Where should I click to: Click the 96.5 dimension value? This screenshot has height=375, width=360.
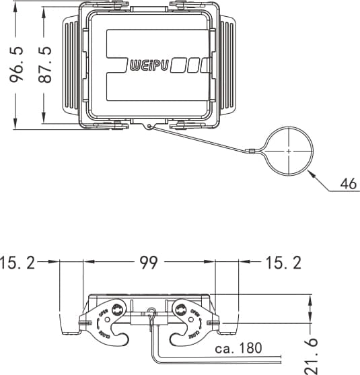(17, 64)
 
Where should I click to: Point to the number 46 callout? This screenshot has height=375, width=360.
(348, 183)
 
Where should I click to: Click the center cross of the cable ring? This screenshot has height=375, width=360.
(289, 151)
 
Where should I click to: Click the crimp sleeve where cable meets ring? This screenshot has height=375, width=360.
(250, 152)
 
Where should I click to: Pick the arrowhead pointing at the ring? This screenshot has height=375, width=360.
(310, 174)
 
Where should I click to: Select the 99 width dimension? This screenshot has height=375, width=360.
(149, 263)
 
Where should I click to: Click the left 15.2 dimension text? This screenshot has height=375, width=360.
(19, 263)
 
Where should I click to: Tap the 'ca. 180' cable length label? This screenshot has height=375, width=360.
(238, 349)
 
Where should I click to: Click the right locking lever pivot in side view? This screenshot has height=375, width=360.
(180, 309)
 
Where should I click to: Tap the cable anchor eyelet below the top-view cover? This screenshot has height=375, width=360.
(150, 125)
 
